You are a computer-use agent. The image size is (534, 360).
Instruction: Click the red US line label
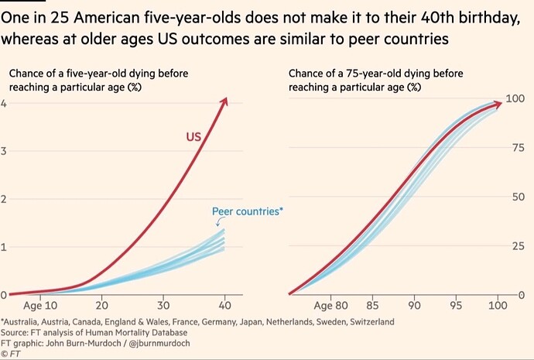click(x=193, y=137)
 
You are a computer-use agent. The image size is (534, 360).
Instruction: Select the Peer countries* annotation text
click(x=248, y=211)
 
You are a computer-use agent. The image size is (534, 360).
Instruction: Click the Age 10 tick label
click(x=40, y=306)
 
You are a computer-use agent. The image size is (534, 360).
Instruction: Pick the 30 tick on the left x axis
click(x=163, y=305)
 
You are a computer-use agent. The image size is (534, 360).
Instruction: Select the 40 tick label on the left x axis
click(x=224, y=305)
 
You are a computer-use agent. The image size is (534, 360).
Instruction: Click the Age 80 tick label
click(x=330, y=306)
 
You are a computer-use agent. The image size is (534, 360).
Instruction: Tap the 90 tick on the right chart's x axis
click(x=414, y=305)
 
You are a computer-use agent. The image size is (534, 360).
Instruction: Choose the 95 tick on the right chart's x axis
click(x=456, y=305)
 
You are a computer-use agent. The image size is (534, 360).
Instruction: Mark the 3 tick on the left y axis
click(x=3, y=151)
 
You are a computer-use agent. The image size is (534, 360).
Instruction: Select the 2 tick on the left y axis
click(x=3, y=199)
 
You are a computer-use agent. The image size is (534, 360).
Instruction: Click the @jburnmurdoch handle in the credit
click(x=159, y=343)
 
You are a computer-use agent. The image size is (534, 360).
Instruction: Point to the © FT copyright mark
click(x=11, y=354)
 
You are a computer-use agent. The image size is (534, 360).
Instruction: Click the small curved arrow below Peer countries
click(x=219, y=221)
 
